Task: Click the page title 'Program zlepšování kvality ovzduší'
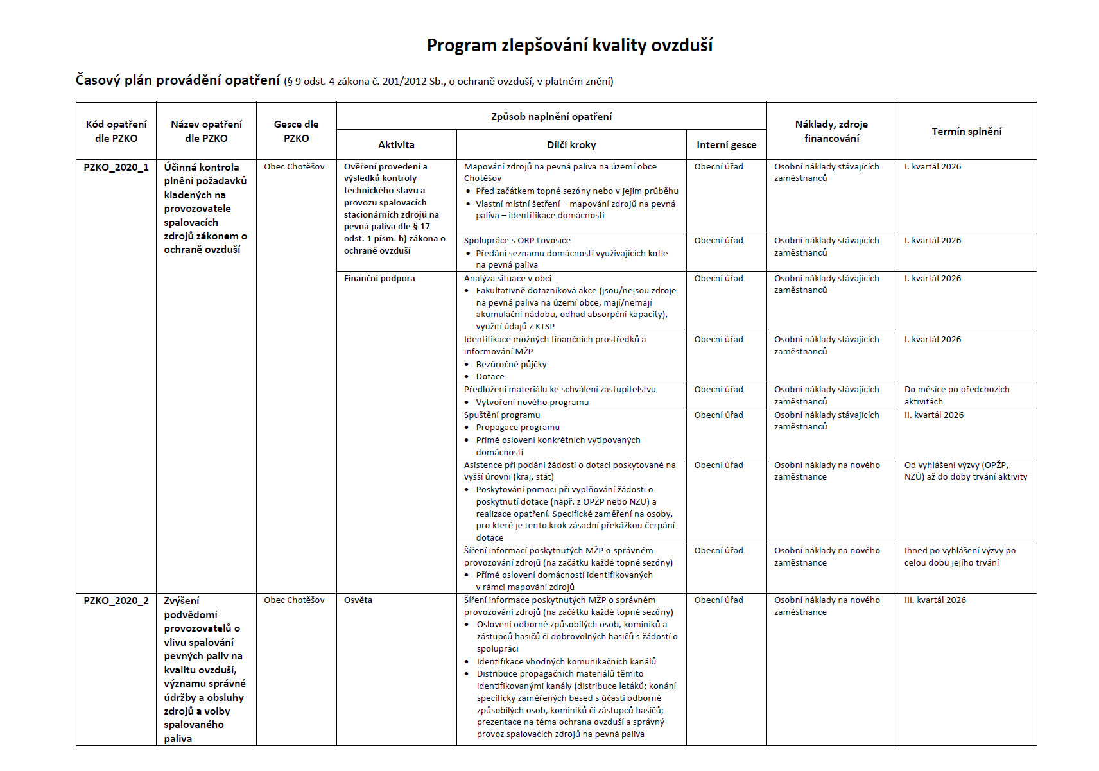tap(569, 46)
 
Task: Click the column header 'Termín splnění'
tap(966, 132)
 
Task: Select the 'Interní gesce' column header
tap(726, 145)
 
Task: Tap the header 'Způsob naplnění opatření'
tap(551, 117)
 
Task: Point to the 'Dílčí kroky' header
tap(571, 145)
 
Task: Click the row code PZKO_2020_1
tap(116, 168)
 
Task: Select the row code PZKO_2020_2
tap(116, 601)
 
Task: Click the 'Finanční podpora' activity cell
tap(379, 279)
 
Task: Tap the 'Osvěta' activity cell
tap(358, 600)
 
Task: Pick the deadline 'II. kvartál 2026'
tap(934, 415)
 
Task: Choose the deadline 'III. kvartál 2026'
tap(935, 600)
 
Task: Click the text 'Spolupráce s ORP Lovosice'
tap(517, 241)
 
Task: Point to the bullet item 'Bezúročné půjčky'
tap(511, 365)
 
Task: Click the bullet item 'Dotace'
tap(490, 377)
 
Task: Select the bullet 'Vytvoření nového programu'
tap(532, 403)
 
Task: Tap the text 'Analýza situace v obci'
tap(507, 279)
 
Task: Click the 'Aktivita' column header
tap(396, 145)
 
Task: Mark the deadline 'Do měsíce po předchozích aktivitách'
tap(956, 395)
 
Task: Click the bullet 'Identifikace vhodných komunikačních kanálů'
tap(566, 662)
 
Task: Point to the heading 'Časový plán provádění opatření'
tap(178, 80)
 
